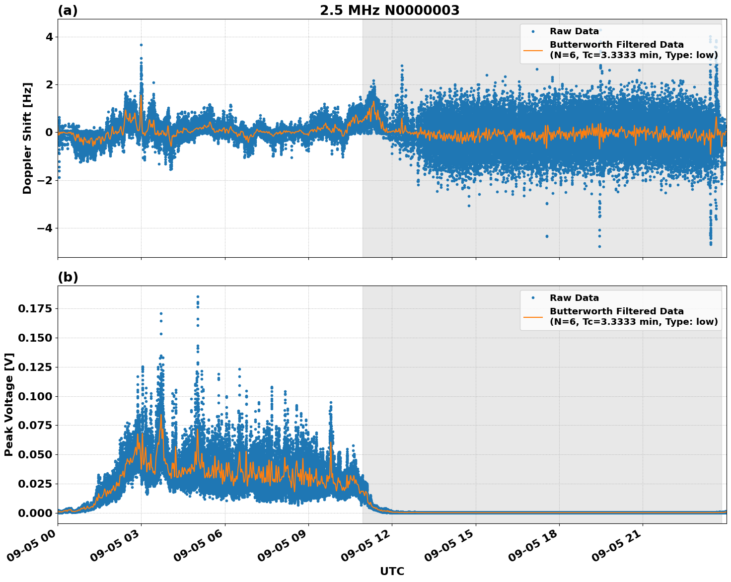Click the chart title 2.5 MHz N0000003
[389, 10]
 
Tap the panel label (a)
[68, 10]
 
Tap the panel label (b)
[68, 277]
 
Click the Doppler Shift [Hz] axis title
[27, 138]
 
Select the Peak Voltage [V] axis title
[9, 404]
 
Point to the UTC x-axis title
[392, 571]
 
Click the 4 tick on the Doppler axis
[49, 37]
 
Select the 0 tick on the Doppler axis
[49, 132]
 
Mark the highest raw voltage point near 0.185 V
[198, 296]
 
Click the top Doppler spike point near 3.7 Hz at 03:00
[141, 45]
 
